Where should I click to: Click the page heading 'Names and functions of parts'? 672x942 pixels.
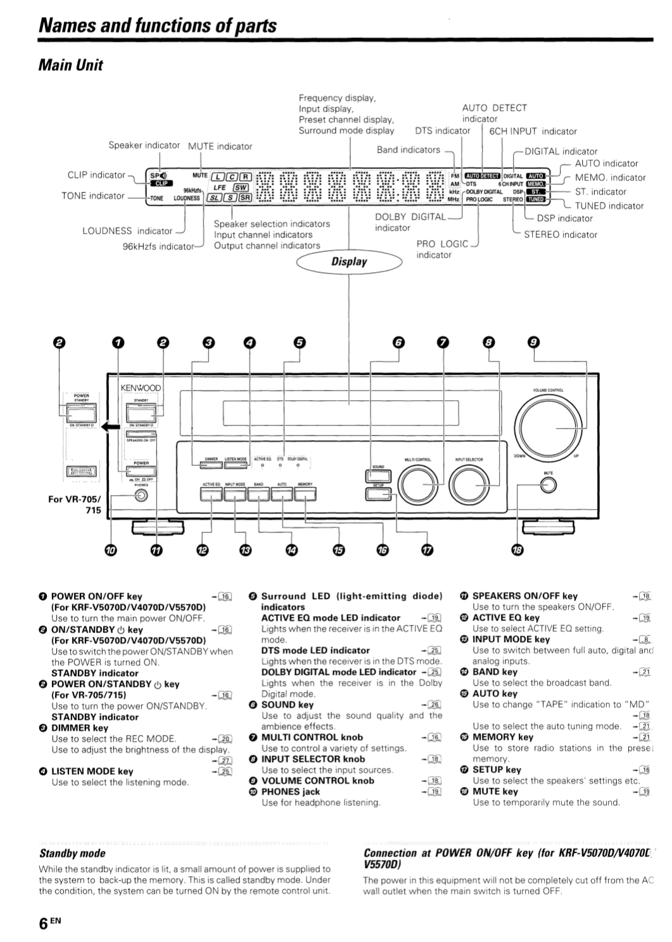(x=157, y=25)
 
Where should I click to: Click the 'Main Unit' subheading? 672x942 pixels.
(x=70, y=65)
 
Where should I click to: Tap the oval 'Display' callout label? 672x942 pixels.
(x=349, y=261)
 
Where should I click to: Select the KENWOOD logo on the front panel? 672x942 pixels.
(x=141, y=387)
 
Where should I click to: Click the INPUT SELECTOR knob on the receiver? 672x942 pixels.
(x=469, y=485)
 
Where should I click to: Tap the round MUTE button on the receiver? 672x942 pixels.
(x=548, y=485)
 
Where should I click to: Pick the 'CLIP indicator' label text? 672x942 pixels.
(x=96, y=175)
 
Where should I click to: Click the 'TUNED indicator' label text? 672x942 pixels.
(x=609, y=206)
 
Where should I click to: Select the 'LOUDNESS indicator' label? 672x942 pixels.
(x=127, y=231)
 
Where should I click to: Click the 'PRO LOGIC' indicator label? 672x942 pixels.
(x=442, y=244)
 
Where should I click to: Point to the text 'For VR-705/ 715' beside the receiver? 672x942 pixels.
(x=74, y=505)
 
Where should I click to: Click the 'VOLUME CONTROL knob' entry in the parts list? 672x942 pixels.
(x=317, y=781)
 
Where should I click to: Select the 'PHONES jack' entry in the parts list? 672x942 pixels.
(x=291, y=791)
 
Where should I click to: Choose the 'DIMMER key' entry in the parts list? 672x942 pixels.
(x=80, y=728)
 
